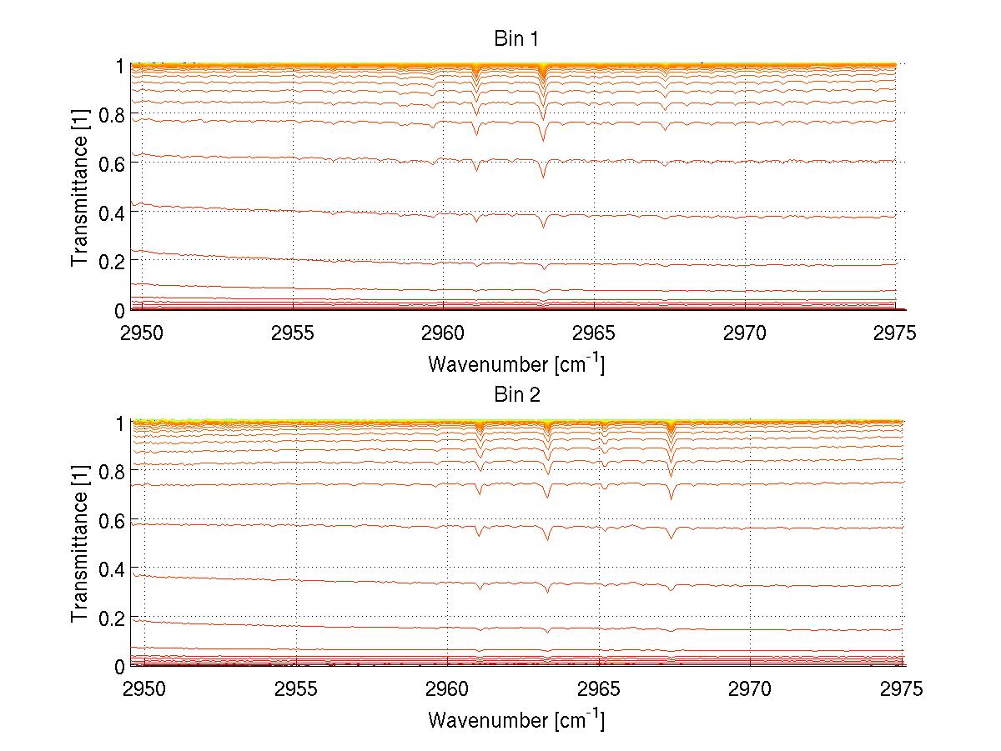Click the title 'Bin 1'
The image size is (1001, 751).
516,39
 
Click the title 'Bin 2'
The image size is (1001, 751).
516,395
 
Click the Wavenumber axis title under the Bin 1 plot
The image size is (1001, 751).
516,363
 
